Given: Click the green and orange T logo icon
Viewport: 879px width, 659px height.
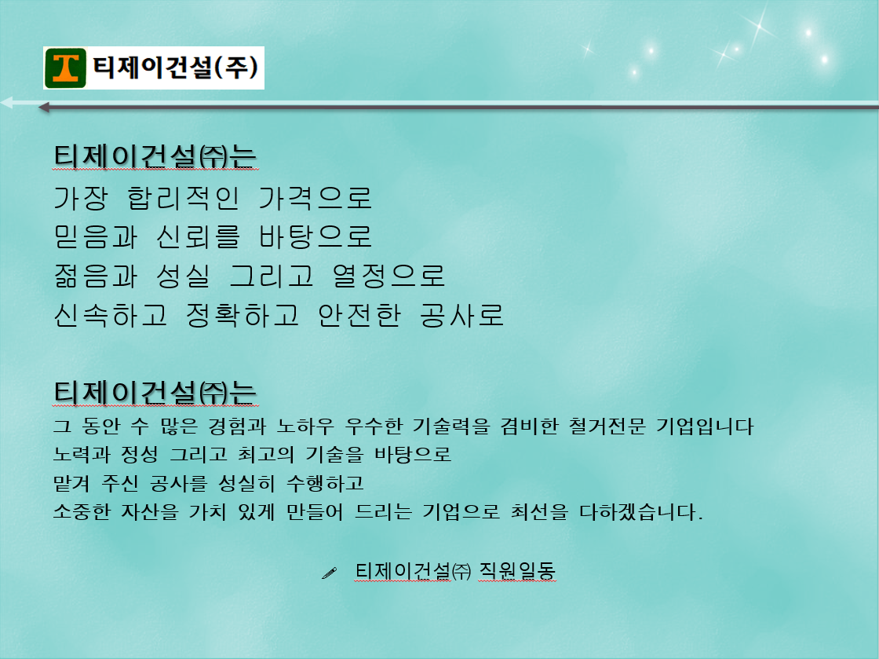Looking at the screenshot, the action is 66,68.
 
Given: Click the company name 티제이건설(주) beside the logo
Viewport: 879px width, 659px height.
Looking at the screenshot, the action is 176,68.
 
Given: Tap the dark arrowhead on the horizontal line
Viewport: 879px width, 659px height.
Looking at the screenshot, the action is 43,107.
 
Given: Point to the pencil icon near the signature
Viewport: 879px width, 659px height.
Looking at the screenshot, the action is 329,573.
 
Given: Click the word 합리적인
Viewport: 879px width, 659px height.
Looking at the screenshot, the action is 184,198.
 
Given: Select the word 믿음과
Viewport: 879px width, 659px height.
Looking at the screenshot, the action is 95,236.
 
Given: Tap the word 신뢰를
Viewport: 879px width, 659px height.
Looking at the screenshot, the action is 198,236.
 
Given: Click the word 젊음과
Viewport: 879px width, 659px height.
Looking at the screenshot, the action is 95,276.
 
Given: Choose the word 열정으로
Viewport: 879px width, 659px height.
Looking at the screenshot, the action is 388,276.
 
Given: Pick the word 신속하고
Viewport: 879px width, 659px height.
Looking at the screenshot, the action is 111,315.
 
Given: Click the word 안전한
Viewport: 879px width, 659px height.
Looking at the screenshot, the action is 359,315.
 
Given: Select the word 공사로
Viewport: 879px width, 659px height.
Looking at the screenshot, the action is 462,315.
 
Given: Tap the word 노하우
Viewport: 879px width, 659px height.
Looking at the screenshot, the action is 305,427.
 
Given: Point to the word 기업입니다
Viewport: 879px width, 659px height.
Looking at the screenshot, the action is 705,427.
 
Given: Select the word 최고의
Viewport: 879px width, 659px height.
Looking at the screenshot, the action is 266,454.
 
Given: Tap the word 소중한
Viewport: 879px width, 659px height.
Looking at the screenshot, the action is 82,511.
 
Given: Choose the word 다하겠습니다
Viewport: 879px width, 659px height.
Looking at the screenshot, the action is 640,511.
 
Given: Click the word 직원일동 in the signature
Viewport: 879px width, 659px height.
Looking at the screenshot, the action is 517,571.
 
